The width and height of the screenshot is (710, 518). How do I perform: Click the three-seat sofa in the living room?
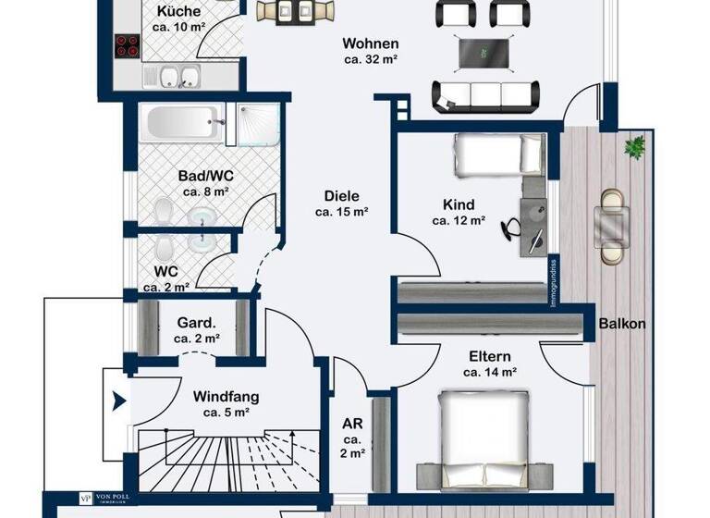(486, 93)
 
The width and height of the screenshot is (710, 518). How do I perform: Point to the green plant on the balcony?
(635, 145)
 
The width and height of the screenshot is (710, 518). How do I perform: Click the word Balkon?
(622, 325)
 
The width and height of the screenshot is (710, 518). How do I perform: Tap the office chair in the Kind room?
(513, 226)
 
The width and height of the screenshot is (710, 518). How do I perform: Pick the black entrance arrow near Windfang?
(117, 401)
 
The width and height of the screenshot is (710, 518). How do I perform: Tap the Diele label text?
(341, 196)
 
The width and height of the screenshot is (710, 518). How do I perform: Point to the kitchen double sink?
(178, 76)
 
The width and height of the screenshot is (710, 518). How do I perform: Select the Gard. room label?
(196, 323)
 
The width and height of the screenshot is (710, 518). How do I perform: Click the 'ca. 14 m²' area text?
(489, 372)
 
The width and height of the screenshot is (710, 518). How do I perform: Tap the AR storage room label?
(352, 424)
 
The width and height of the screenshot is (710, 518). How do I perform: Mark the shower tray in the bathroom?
(253, 123)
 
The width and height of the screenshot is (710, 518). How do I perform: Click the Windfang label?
(226, 396)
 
